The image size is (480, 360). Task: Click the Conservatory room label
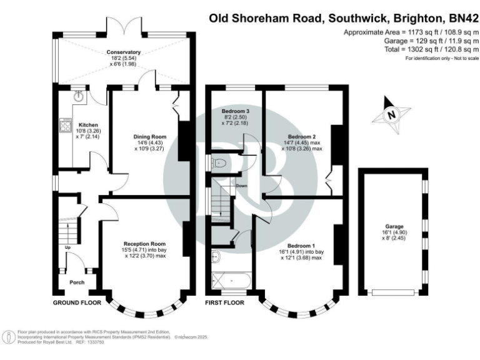pyautogui.click(x=123, y=52)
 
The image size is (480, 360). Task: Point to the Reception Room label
pyautogui.click(x=144, y=243)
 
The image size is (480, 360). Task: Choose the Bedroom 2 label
pyautogui.click(x=300, y=136)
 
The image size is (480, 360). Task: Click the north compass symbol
pyautogui.click(x=391, y=114)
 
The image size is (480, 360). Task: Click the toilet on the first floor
pyautogui.click(x=217, y=162)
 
